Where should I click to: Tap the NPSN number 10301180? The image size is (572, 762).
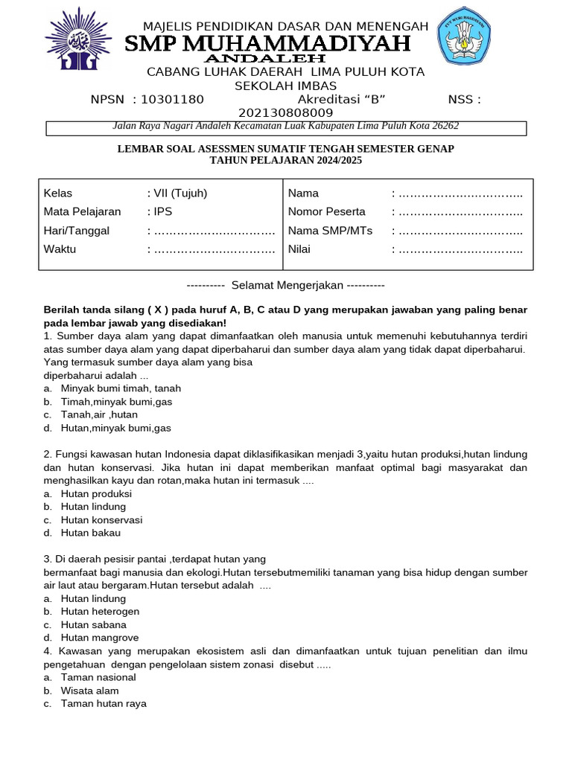tap(172, 100)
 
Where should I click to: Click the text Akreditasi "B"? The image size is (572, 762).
tap(341, 100)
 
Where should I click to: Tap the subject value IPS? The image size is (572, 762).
tap(162, 212)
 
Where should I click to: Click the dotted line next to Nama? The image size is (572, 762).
tap(460, 193)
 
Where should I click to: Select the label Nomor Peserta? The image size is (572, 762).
tap(326, 212)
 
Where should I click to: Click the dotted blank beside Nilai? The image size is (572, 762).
tap(460, 249)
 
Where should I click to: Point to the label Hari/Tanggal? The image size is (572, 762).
tap(76, 231)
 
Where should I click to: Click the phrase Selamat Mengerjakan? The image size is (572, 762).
tap(287, 285)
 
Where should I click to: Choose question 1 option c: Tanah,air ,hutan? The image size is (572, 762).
tap(99, 414)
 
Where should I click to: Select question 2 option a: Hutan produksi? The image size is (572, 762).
tap(96, 493)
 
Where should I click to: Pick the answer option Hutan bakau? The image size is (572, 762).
tap(91, 533)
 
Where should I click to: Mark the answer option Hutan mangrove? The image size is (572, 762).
tap(98, 638)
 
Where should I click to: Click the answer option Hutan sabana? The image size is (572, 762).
tap(94, 625)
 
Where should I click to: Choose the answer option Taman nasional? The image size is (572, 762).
tap(98, 677)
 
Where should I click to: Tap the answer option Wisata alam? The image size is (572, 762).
tap(90, 691)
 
